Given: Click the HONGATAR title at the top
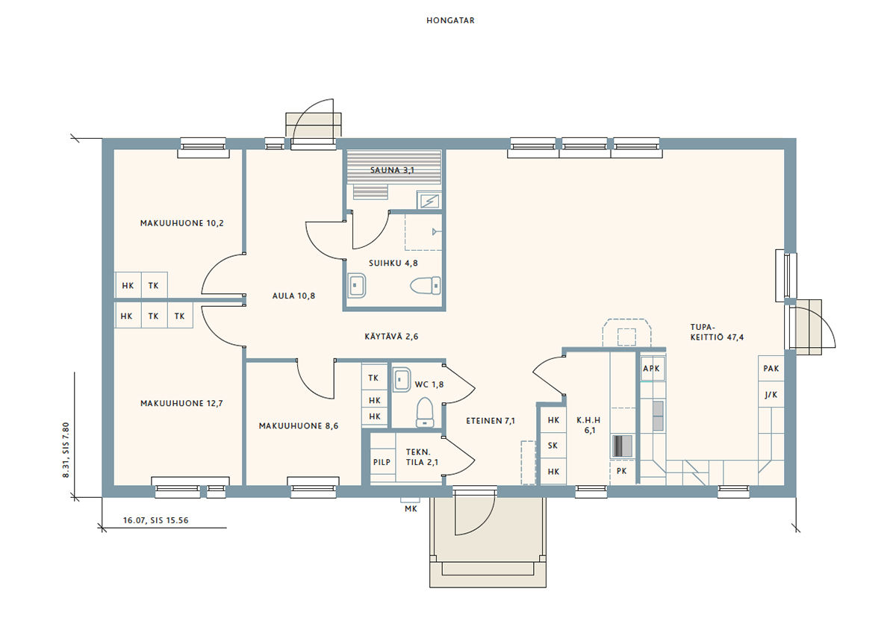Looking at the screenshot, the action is (450, 20).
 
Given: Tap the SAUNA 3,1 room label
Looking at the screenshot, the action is (392, 170).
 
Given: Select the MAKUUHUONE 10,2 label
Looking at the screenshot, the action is (182, 223).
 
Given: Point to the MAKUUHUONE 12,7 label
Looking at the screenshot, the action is (181, 403).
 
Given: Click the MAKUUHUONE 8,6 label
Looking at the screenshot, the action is (299, 426).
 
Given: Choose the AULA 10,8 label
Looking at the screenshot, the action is (293, 296).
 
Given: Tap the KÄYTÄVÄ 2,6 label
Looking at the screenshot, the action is (391, 337).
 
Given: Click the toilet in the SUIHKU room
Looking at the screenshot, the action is (426, 285).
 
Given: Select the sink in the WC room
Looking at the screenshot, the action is (401, 379).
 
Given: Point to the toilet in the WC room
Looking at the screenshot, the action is (425, 412).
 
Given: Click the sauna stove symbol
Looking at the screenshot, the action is (429, 201).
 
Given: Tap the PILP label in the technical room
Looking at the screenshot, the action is (382, 462).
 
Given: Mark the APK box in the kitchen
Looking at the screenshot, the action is (651, 368).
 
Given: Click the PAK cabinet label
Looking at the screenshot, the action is (771, 368).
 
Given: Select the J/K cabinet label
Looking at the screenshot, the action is (771, 395).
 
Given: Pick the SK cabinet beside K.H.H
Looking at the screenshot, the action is (553, 446).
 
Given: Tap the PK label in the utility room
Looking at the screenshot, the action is (621, 471).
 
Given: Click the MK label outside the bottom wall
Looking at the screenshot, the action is (411, 508).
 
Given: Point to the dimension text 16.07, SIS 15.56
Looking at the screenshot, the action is (155, 520).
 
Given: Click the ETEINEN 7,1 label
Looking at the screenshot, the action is (491, 421).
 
